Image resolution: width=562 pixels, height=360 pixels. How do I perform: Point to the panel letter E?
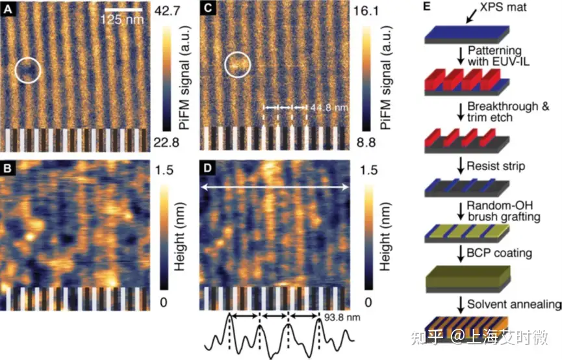(428, 8)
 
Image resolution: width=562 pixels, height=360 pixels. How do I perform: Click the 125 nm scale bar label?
(121, 19)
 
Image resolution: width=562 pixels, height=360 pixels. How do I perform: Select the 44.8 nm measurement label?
(324, 106)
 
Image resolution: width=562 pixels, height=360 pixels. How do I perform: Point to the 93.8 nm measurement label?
(335, 318)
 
